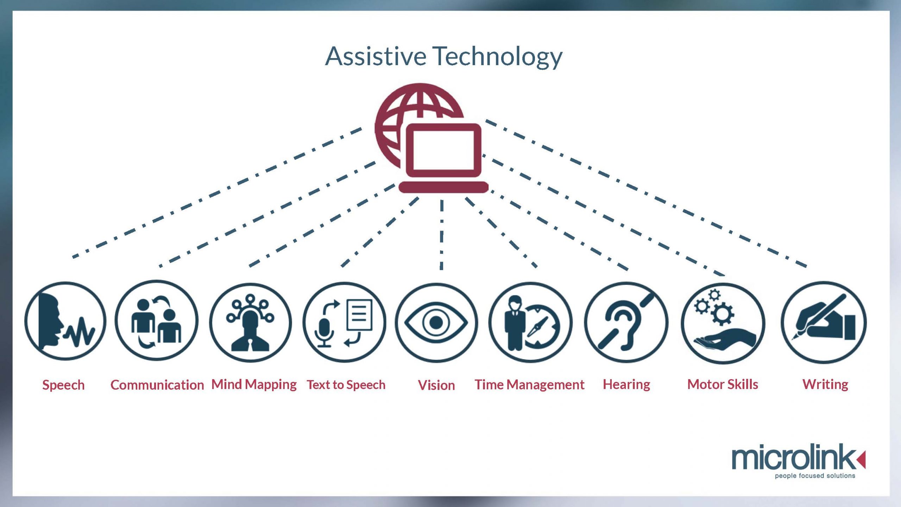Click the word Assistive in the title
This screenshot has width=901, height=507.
click(x=376, y=56)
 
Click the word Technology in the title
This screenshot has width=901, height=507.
click(x=497, y=57)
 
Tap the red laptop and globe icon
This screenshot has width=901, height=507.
click(x=431, y=138)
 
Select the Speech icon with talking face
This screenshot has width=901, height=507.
click(x=65, y=321)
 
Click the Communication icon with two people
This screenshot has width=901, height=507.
click(x=157, y=320)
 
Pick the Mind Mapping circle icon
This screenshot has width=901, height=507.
click(x=251, y=323)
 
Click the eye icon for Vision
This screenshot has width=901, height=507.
click(x=436, y=323)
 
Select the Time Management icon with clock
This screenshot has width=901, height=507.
click(x=530, y=323)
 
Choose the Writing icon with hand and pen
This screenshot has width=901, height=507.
click(x=824, y=323)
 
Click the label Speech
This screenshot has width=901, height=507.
click(x=63, y=385)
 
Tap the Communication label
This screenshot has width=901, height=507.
click(x=157, y=385)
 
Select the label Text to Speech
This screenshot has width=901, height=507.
click(x=346, y=385)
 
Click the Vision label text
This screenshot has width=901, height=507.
click(x=436, y=385)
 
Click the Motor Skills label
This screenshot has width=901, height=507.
click(x=723, y=384)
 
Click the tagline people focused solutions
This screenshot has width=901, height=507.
click(x=815, y=476)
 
